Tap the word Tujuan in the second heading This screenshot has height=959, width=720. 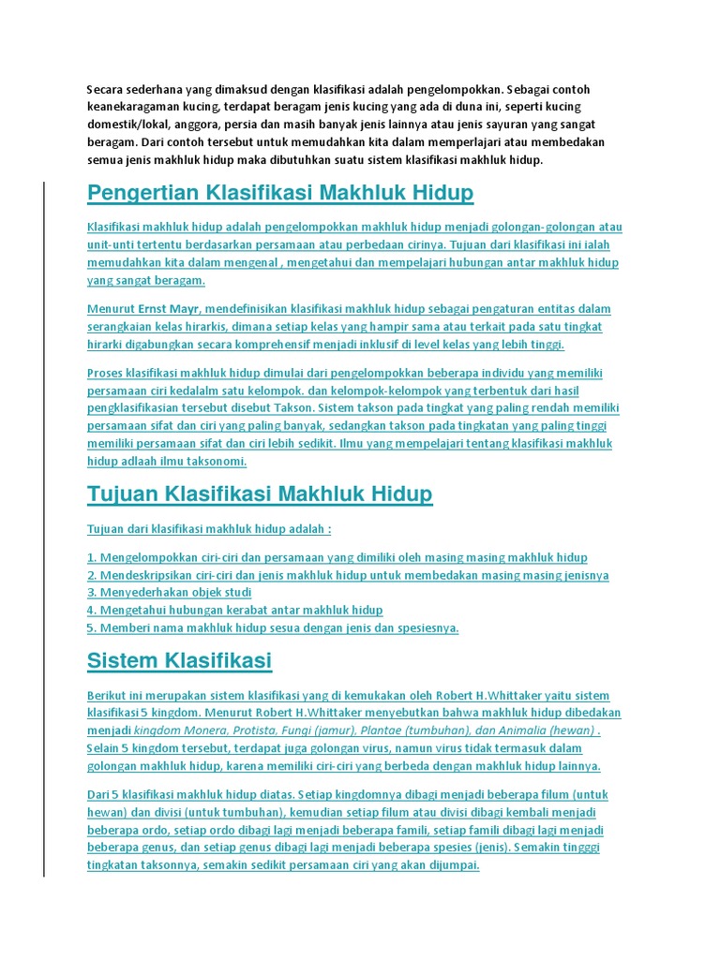click(122, 494)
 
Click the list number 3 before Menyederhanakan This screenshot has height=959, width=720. click(91, 593)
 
